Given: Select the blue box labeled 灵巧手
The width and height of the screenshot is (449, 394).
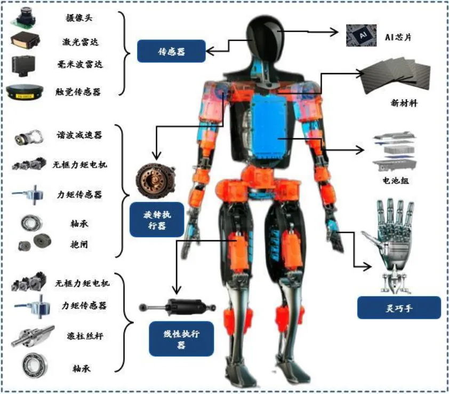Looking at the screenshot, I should pyautogui.click(x=399, y=308).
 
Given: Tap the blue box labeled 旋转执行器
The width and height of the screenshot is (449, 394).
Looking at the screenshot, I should pyautogui.click(x=156, y=219).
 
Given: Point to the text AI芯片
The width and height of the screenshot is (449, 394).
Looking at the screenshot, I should pyautogui.click(x=397, y=37).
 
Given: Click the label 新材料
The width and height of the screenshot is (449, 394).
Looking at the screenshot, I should pyautogui.click(x=404, y=103).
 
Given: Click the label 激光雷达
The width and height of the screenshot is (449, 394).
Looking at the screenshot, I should pyautogui.click(x=79, y=41).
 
